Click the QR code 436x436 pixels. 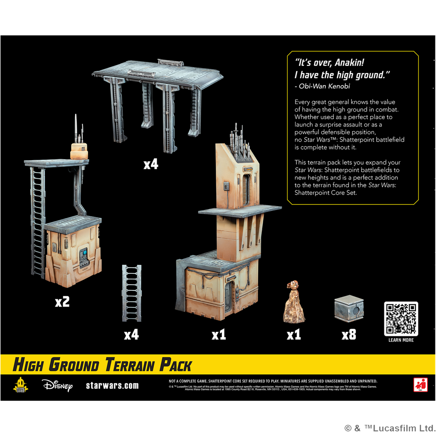coord(401,319)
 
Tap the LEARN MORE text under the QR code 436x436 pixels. coord(401,340)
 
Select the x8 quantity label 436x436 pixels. coord(349,335)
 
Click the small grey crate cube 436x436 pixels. coord(349,310)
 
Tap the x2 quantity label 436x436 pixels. coord(62,302)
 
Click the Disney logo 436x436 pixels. coord(57,385)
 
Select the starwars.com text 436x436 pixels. coord(112,385)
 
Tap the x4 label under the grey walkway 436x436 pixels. coord(150,164)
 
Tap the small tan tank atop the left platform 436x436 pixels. coord(78,150)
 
